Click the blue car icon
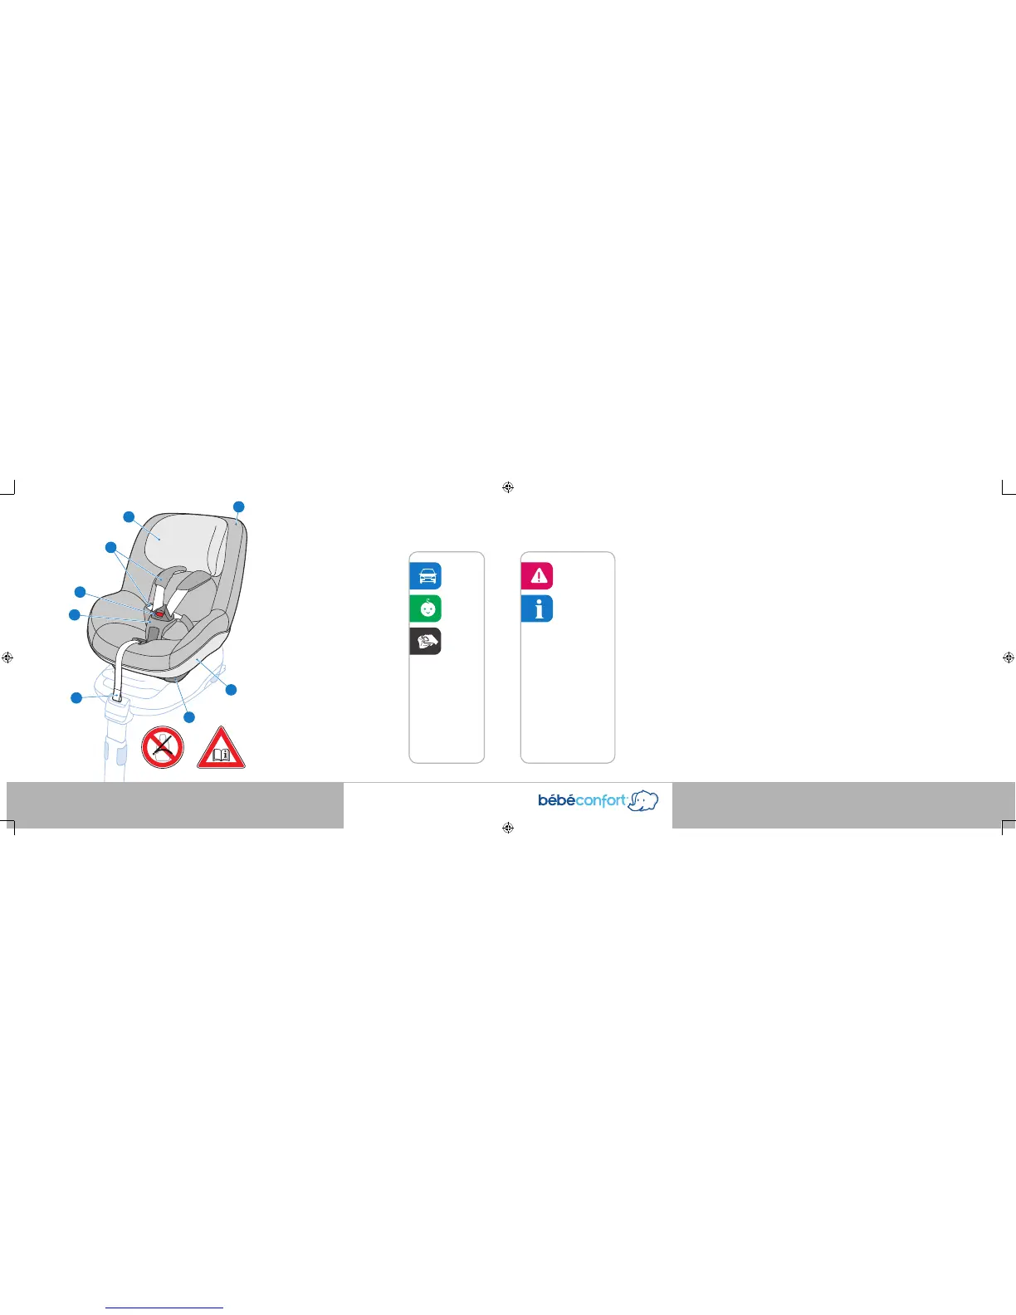pyautogui.click(x=426, y=575)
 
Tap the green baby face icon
pyautogui.click(x=426, y=609)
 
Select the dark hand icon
pyautogui.click(x=426, y=642)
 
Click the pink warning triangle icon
pyautogui.click(x=537, y=575)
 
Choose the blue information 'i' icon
pyautogui.click(x=537, y=609)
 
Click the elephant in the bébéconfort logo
pyautogui.click(x=643, y=800)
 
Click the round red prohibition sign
pyautogui.click(x=163, y=747)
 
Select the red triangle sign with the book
pyautogui.click(x=221, y=749)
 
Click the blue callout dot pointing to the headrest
pyautogui.click(x=129, y=517)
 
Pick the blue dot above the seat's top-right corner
pyautogui.click(x=239, y=506)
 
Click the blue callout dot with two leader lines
pyautogui.click(x=110, y=546)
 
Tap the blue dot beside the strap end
pyautogui.click(x=76, y=698)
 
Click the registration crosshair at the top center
pyautogui.click(x=508, y=487)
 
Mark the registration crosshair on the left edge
pyautogui.click(x=7, y=657)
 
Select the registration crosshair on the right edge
pyautogui.click(x=1009, y=657)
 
